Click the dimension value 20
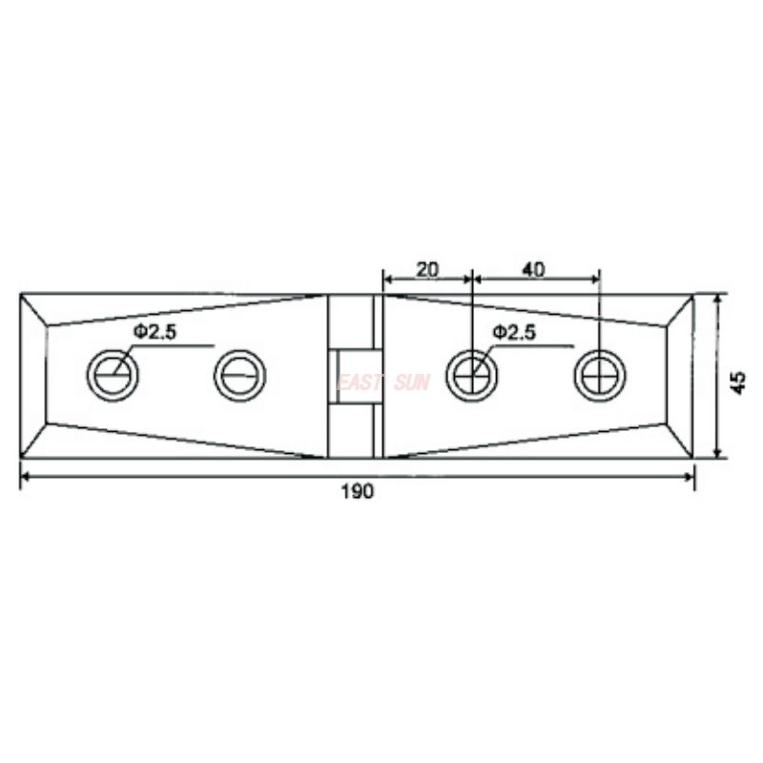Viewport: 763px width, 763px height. (x=427, y=270)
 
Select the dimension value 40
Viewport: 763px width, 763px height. (x=533, y=270)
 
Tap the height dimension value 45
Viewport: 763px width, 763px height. (x=737, y=382)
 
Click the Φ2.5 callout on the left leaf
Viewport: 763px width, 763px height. (x=155, y=332)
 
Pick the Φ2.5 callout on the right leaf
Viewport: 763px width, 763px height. (x=514, y=332)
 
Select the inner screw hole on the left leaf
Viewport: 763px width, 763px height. (x=237, y=375)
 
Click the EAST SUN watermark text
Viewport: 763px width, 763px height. (x=383, y=382)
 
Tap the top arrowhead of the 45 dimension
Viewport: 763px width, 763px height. (x=716, y=299)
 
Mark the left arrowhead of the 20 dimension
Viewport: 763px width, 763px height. (x=387, y=278)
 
